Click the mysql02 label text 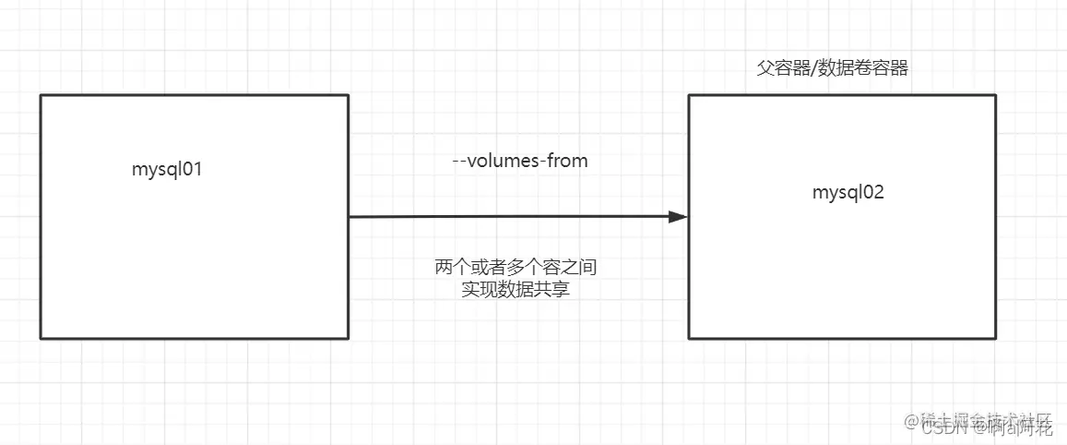pyautogui.click(x=848, y=192)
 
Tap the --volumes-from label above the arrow pyautogui.click(x=520, y=161)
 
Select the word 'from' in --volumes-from pyautogui.click(x=566, y=161)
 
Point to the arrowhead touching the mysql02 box pyautogui.click(x=679, y=217)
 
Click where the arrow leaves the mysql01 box pyautogui.click(x=350, y=217)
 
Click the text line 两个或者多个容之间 pyautogui.click(x=521, y=268)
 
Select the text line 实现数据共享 pyautogui.click(x=521, y=289)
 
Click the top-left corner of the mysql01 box pyautogui.click(x=41, y=94)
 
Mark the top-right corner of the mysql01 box pyautogui.click(x=348, y=94)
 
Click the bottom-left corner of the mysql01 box pyautogui.click(x=41, y=338)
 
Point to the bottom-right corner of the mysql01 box pyautogui.click(x=348, y=338)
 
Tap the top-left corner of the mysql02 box pyautogui.click(x=689, y=94)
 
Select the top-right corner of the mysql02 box pyautogui.click(x=996, y=94)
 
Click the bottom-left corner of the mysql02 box pyautogui.click(x=689, y=338)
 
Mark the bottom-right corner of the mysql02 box pyautogui.click(x=996, y=338)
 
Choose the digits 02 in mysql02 pyautogui.click(x=874, y=192)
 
